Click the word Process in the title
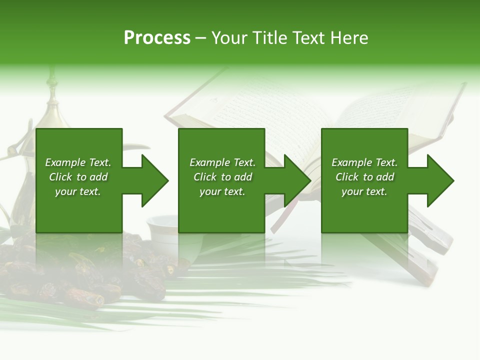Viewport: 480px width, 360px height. (x=157, y=38)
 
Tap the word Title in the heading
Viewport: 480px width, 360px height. (x=270, y=38)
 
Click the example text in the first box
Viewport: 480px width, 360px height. (x=78, y=177)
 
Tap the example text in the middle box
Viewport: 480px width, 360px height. (x=222, y=177)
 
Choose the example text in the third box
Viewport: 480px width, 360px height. (x=364, y=177)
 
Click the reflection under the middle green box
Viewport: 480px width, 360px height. (x=221, y=250)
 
